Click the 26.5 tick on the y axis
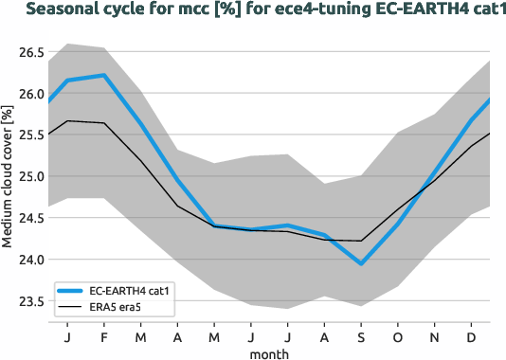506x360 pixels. coord(30,52)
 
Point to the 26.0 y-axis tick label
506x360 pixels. coord(30,94)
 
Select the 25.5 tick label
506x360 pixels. coord(30,135)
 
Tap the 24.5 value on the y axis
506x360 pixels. coord(30,218)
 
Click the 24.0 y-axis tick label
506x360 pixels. coord(30,260)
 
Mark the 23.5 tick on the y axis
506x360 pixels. coord(30,301)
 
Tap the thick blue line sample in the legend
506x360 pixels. coord(73,291)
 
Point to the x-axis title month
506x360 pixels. coord(269,352)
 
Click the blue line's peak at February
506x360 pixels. coord(102,75)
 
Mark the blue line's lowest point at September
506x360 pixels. coord(362,264)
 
